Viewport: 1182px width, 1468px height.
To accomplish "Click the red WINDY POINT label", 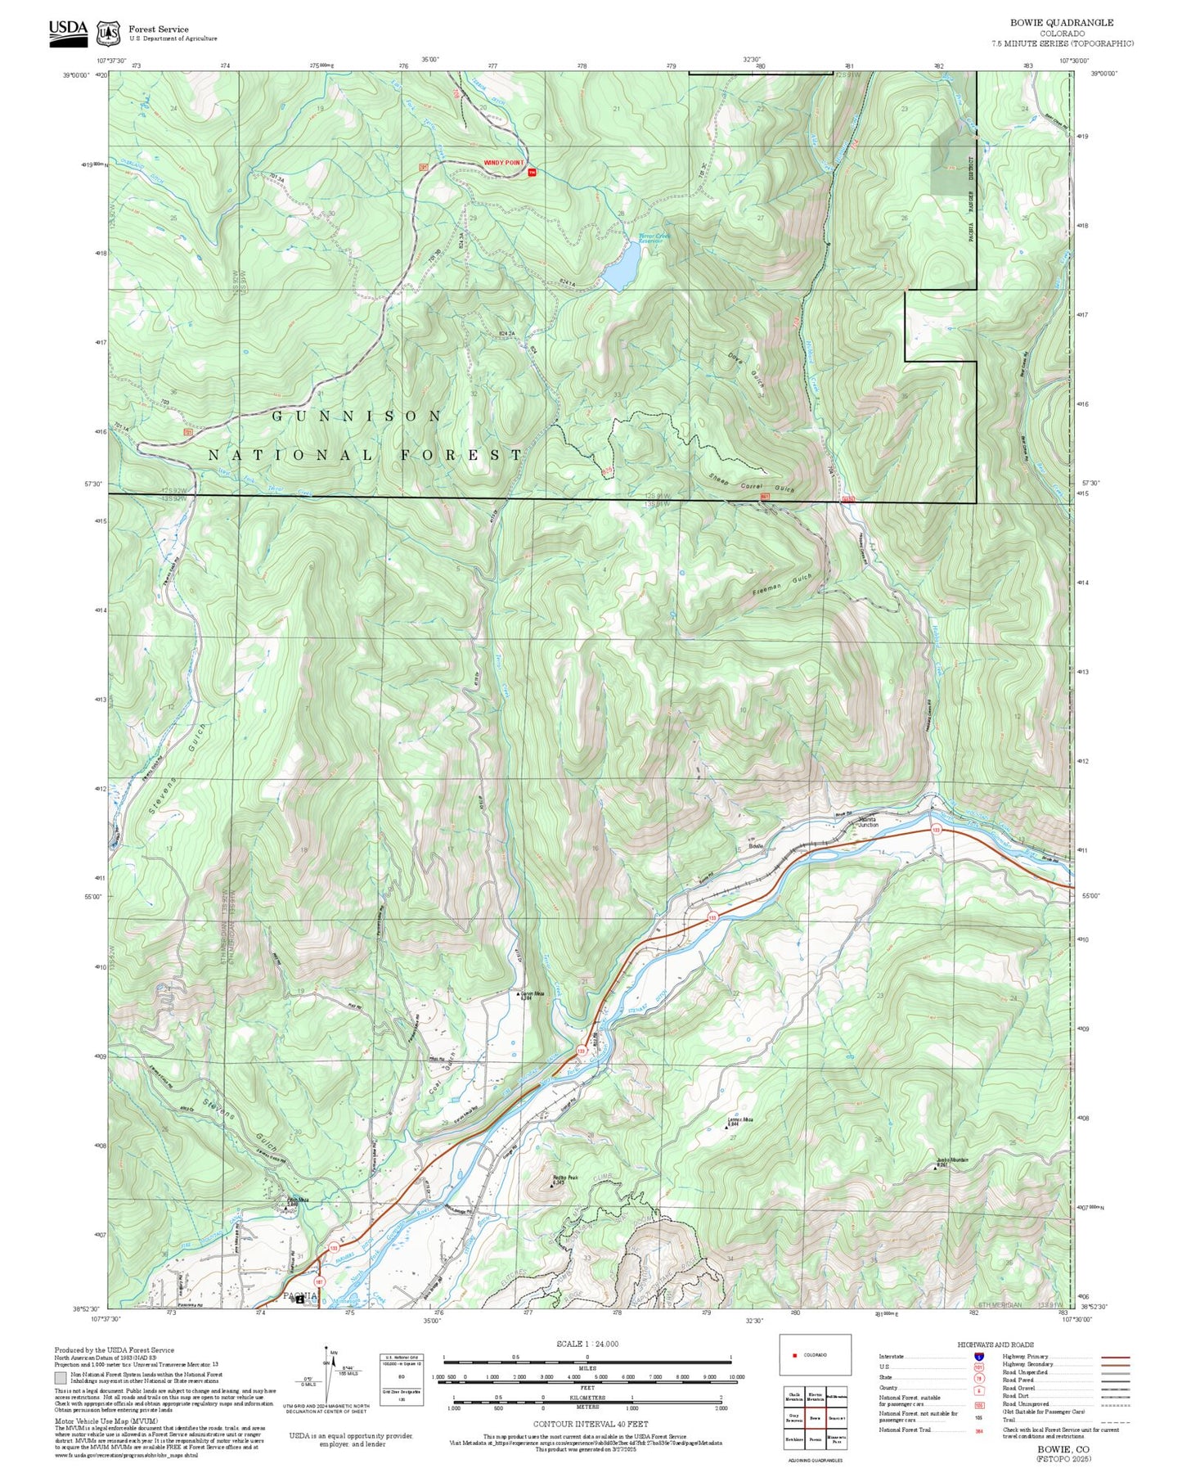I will click(x=503, y=163).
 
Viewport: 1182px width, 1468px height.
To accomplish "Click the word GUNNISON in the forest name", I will click(x=357, y=416).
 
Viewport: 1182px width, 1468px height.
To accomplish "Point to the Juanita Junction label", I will click(x=868, y=821).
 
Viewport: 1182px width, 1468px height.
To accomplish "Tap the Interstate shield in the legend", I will click(x=978, y=1356).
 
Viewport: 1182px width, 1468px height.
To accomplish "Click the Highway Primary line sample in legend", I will click(x=1115, y=1357).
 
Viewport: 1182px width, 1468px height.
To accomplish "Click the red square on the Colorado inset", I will click(x=794, y=1355).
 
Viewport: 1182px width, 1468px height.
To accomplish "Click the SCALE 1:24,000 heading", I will click(x=587, y=1344).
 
